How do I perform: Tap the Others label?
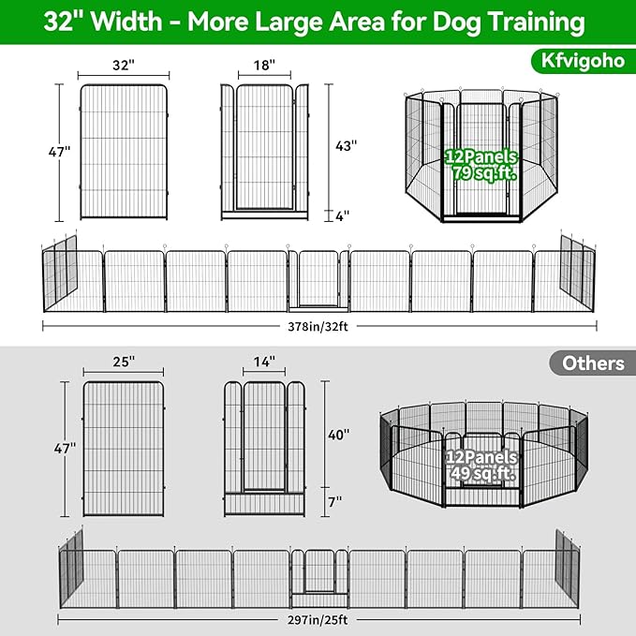coord(593,363)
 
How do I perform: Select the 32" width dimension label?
coord(124,66)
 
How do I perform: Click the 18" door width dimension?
coord(264,66)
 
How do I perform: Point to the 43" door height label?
coord(347,146)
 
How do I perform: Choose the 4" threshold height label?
coord(343,215)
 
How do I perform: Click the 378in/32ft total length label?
coord(319,326)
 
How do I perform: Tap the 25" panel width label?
coord(122,361)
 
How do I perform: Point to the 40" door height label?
coord(340,435)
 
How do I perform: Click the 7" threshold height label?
coord(335,501)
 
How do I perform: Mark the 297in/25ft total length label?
coord(319,619)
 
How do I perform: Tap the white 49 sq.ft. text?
coord(481,474)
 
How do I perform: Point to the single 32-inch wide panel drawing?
coord(124,153)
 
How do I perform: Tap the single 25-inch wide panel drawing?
coord(123,448)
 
